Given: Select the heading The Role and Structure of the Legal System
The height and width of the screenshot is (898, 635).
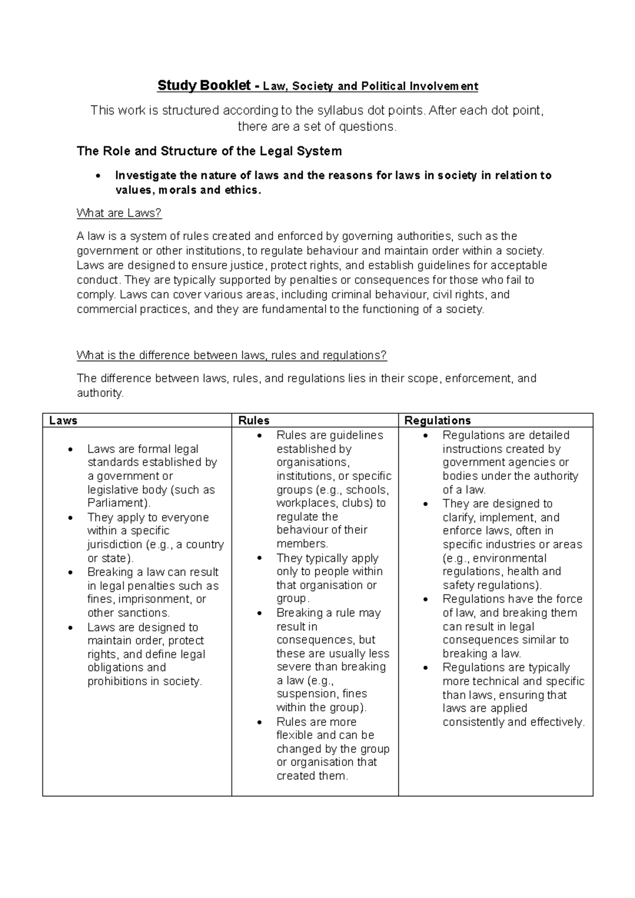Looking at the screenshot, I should pos(209,151).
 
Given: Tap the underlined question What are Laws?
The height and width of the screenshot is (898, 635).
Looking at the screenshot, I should pos(119,213).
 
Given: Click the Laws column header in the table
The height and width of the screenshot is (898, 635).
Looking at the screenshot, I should pos(63,421).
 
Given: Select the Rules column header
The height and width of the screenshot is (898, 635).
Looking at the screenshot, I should pos(253,421).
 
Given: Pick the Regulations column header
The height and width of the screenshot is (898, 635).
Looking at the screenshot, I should pos(437,421).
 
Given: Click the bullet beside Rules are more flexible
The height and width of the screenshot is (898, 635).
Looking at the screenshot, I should pos(259,722).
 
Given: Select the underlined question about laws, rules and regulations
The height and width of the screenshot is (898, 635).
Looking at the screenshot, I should pos(232,355).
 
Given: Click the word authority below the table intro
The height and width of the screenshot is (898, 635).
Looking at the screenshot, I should pos(99,393).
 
